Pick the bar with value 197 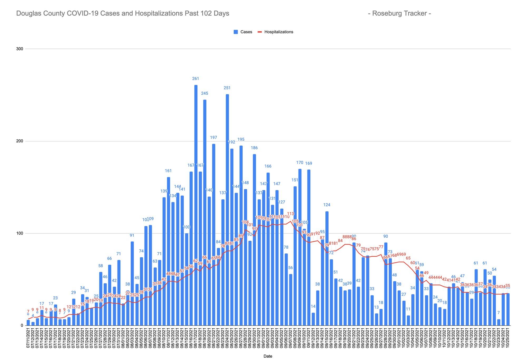coord(214,235)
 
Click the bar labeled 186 coord(254,240)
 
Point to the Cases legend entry coord(243,32)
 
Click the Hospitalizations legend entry coord(275,32)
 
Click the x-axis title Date coord(268,356)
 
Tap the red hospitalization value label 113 coord(291,214)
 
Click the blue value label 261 coord(196,79)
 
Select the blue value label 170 coord(300,163)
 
